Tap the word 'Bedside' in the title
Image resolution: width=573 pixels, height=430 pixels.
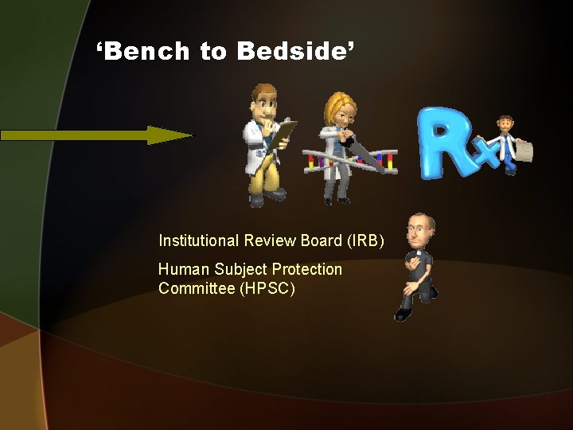pyautogui.click(x=291, y=52)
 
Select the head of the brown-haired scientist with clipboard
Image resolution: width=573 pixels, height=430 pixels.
pyautogui.click(x=263, y=101)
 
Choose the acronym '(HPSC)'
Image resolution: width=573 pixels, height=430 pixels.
pyautogui.click(x=267, y=288)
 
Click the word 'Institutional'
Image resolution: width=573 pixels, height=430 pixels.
pyautogui.click(x=200, y=240)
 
